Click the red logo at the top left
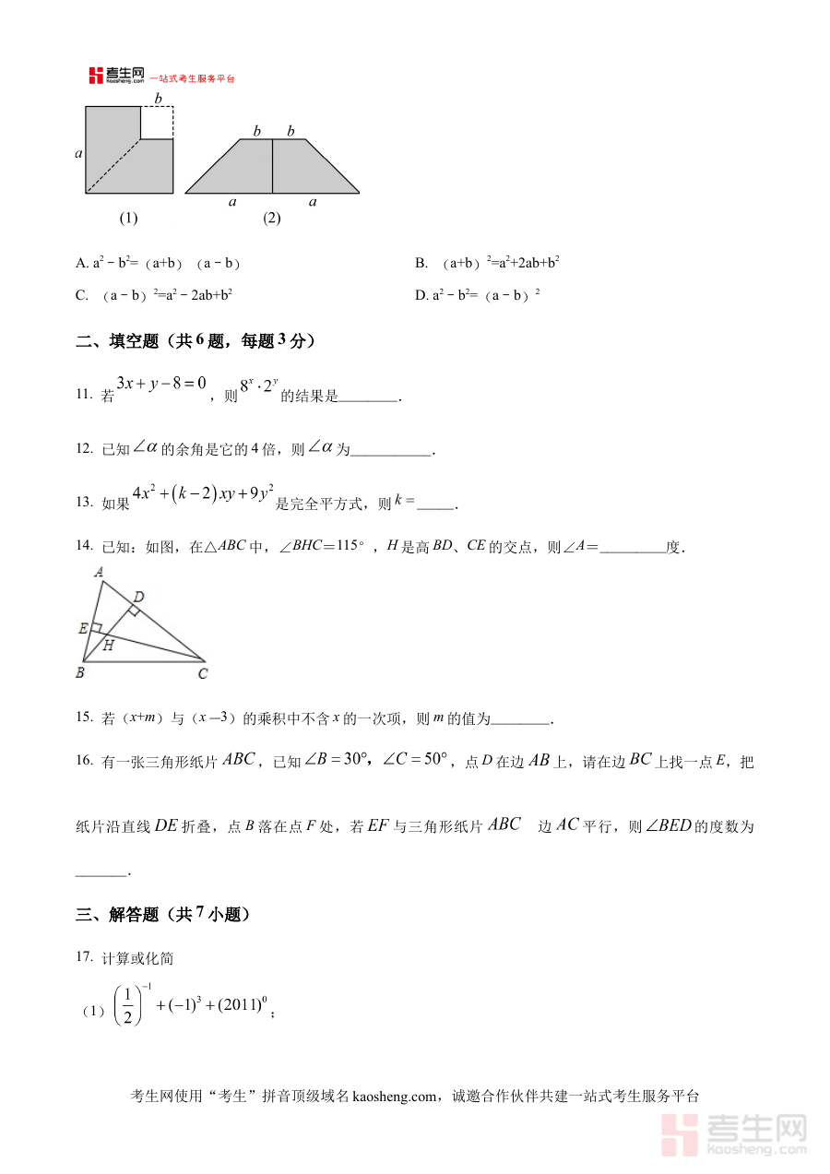point(96,77)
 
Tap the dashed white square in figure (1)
point(157,122)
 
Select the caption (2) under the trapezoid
point(271,219)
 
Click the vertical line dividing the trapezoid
point(272,166)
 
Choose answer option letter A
point(80,264)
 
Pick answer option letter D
point(421,295)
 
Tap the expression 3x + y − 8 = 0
point(161,381)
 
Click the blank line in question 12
point(391,451)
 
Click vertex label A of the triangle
point(99,572)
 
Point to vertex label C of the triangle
point(202,674)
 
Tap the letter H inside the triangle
point(108,646)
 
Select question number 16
point(85,761)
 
